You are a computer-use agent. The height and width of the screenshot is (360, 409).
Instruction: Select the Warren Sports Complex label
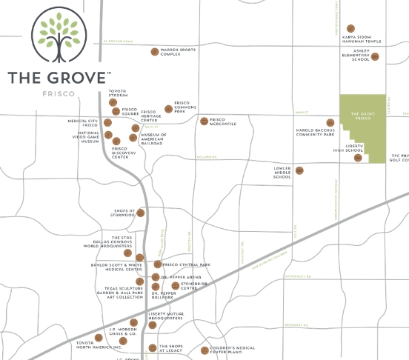coord(182,52)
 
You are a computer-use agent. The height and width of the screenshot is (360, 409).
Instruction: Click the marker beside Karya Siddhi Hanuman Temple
coord(350,29)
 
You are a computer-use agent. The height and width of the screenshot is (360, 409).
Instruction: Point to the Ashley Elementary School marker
coord(375,56)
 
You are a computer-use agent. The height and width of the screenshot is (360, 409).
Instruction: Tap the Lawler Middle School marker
coord(299,170)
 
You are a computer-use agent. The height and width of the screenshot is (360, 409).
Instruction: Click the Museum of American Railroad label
coord(153,140)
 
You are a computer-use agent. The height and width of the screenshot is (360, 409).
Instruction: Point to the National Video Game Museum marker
coord(108,136)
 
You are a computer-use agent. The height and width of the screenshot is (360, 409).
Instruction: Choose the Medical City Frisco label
coord(83,123)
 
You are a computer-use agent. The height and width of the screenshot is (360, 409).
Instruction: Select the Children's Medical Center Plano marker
coord(204,350)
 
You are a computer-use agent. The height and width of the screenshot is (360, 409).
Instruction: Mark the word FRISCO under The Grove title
coord(59,96)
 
